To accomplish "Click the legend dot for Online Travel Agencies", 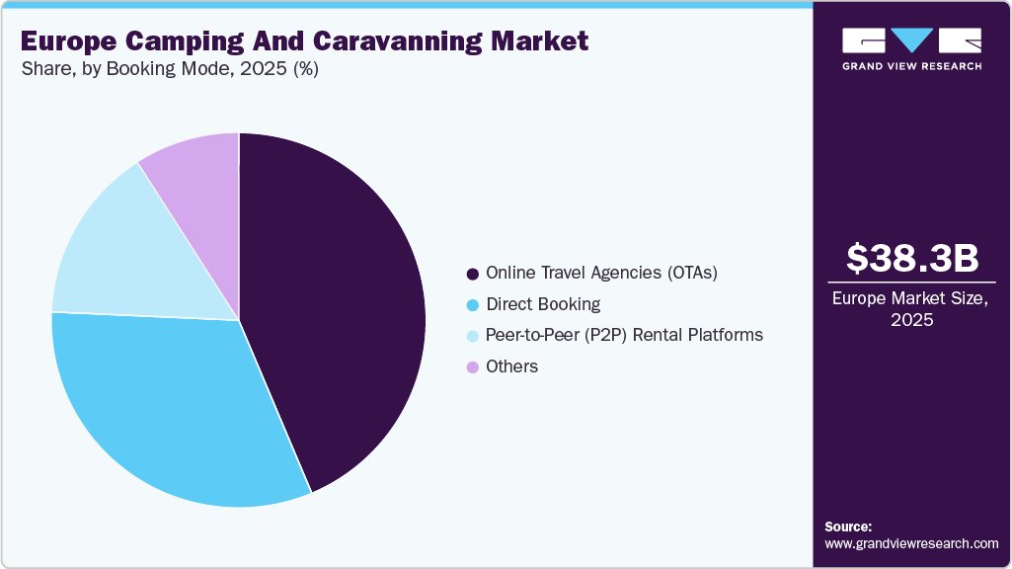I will click(x=473, y=273).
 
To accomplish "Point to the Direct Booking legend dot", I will click(x=473, y=304).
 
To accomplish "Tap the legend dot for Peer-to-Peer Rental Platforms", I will click(x=473, y=336).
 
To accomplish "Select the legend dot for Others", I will click(x=473, y=367).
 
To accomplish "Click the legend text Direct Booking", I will click(x=543, y=304).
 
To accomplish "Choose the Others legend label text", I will click(x=511, y=366).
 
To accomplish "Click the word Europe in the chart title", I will click(x=65, y=41).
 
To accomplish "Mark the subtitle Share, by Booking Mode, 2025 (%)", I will click(x=169, y=69).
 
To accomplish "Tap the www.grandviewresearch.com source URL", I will click(x=911, y=543).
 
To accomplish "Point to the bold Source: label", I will click(x=848, y=527).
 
